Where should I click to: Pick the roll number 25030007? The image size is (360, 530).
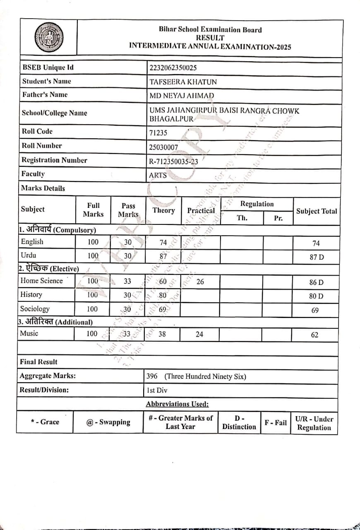tap(163, 147)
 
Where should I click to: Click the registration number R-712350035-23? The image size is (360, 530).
tap(173, 161)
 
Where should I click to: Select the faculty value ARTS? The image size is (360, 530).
tap(158, 175)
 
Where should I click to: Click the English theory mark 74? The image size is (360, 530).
tap(163, 242)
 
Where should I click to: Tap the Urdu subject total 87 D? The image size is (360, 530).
tap(317, 257)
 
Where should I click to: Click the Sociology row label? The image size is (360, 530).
tap(35, 309)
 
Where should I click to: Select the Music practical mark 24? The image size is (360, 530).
tap(199, 334)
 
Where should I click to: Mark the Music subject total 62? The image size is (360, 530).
tap(315, 335)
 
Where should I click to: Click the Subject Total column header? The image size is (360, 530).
tap(317, 211)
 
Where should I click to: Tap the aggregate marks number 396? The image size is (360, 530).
tap(152, 376)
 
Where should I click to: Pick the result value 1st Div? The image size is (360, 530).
tap(157, 390)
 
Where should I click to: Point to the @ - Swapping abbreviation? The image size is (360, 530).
tap(108, 422)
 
